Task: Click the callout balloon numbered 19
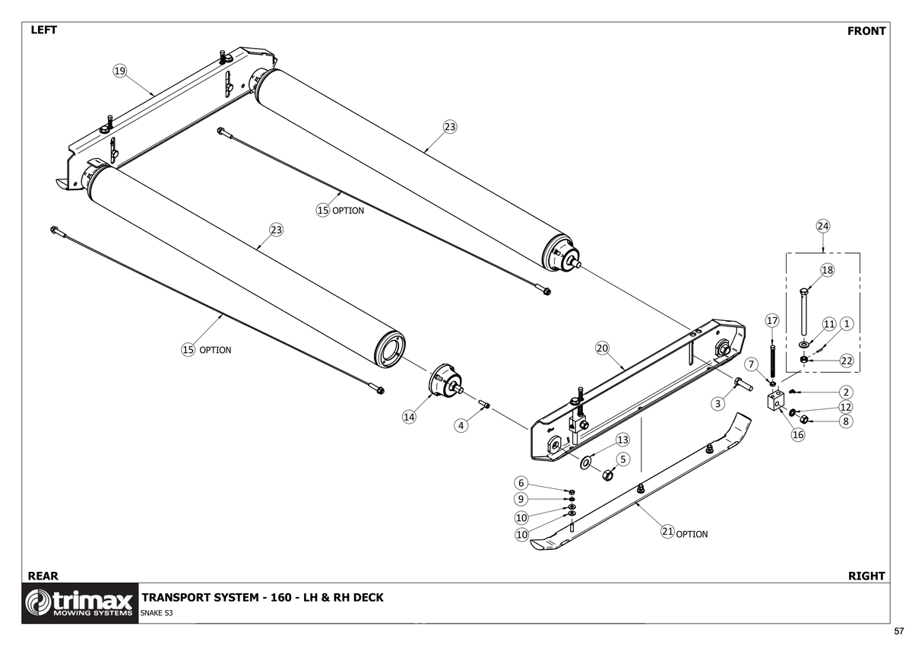pyautogui.click(x=119, y=71)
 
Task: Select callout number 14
pyautogui.click(x=410, y=416)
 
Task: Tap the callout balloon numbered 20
pyautogui.click(x=602, y=348)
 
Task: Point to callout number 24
pyautogui.click(x=823, y=226)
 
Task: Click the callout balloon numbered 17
pyautogui.click(x=772, y=320)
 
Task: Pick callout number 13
pyautogui.click(x=622, y=440)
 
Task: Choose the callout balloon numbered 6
pyautogui.click(x=521, y=483)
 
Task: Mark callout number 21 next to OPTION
pyautogui.click(x=667, y=532)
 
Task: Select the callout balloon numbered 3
pyautogui.click(x=717, y=403)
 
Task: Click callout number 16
pyautogui.click(x=798, y=434)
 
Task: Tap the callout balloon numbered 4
pyautogui.click(x=461, y=425)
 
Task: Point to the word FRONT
pyautogui.click(x=866, y=31)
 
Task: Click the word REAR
pyautogui.click(x=43, y=576)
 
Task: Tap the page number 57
pyautogui.click(x=898, y=631)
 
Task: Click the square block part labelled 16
pyautogui.click(x=775, y=401)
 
